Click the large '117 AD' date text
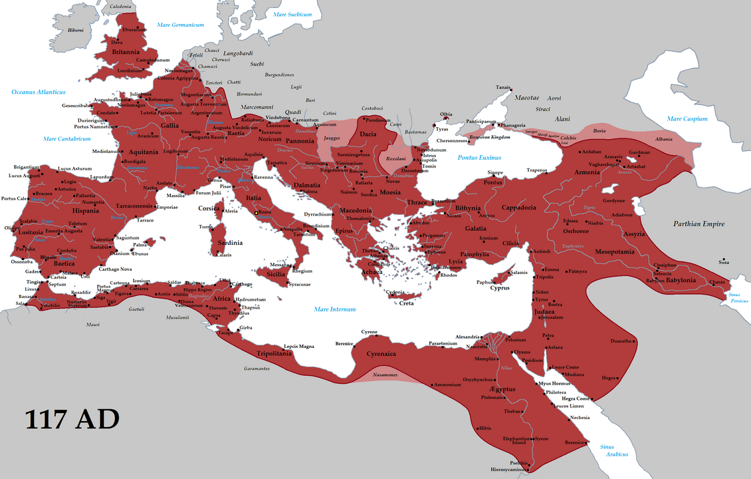tap(72, 419)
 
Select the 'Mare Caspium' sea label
tap(687, 119)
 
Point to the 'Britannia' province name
tap(126, 52)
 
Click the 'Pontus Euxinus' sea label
tap(479, 158)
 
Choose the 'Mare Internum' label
tap(335, 309)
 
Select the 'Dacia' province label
tap(368, 134)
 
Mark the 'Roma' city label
tap(265, 212)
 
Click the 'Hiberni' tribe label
tap(76, 30)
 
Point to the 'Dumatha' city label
tap(621, 341)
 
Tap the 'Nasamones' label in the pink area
tap(385, 376)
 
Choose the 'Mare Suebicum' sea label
tap(286, 14)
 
